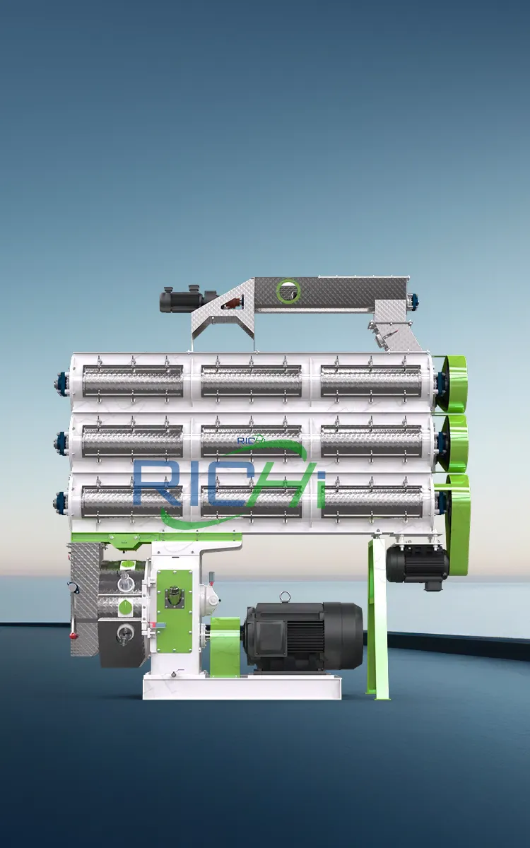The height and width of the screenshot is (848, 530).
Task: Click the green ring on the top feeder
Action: (x=288, y=290)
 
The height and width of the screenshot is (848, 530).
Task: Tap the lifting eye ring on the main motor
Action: (x=285, y=597)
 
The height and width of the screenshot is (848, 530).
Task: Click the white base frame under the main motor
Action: (x=242, y=685)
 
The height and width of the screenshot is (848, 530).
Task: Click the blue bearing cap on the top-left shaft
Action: (x=59, y=384)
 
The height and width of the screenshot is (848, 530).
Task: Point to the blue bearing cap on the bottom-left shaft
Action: (x=59, y=503)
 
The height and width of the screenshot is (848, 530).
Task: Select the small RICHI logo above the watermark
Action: (x=251, y=440)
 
